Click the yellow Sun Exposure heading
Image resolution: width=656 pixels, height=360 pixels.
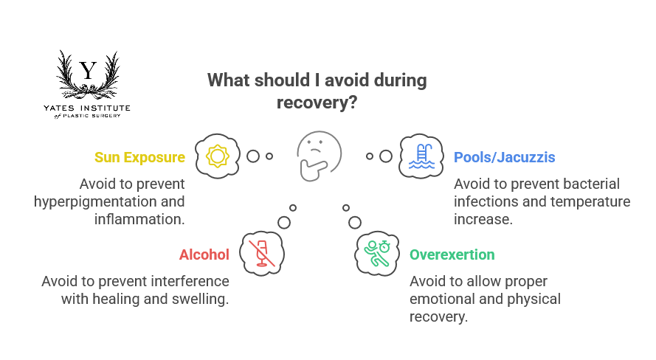[x=139, y=158]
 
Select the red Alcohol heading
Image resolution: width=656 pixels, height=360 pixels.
[x=204, y=255]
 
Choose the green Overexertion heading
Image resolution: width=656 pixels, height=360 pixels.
[x=452, y=255]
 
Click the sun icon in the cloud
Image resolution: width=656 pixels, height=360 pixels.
[x=217, y=156]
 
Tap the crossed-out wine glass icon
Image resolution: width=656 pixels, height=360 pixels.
[x=261, y=253]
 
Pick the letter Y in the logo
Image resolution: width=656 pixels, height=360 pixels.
[x=89, y=71]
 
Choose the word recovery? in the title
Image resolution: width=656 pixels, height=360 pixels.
[x=317, y=103]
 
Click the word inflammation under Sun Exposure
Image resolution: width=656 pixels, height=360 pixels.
[x=139, y=219]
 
